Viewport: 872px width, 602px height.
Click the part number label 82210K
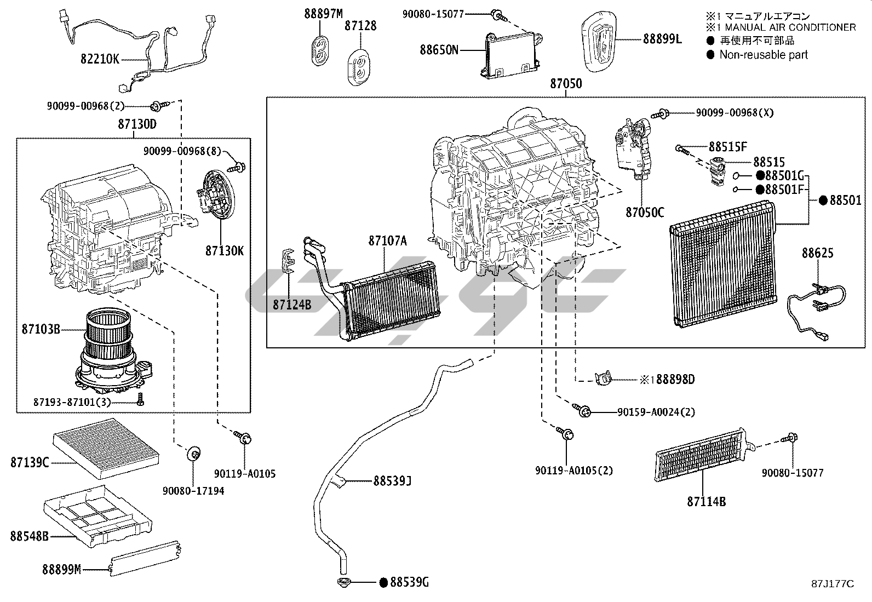click(x=100, y=59)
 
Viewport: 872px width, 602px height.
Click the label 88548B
click(x=29, y=536)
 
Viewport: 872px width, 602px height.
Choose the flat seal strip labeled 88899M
click(x=145, y=559)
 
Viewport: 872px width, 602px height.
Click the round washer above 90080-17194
click(x=193, y=453)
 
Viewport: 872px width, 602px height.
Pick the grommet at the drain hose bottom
click(x=344, y=582)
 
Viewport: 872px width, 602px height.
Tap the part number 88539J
click(x=392, y=481)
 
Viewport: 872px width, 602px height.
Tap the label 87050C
click(x=645, y=212)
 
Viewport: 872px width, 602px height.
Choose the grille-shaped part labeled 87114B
click(x=701, y=457)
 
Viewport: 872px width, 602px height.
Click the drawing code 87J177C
click(x=832, y=584)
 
